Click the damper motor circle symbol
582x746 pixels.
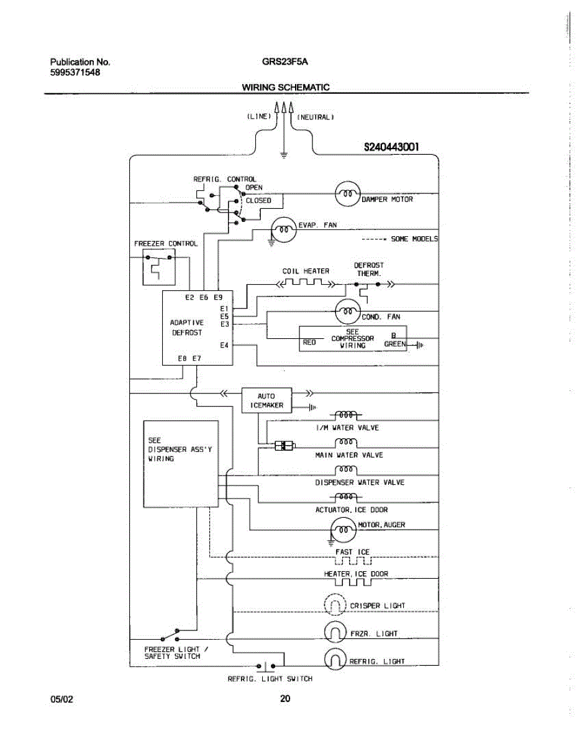tap(348, 193)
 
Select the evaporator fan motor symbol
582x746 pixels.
tap(284, 229)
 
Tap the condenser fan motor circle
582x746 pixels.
tap(348, 311)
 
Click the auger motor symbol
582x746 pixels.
tap(343, 530)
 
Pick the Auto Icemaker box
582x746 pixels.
tap(267, 400)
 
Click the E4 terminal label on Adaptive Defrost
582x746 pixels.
tap(224, 346)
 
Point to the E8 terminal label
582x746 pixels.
tap(182, 359)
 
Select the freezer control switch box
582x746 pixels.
tap(159, 267)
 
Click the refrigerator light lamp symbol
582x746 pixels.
tap(335, 659)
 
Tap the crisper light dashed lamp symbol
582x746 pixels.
tap(335, 604)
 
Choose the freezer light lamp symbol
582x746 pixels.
tap(335, 632)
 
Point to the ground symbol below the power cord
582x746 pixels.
tap(284, 155)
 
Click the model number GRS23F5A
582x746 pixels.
tap(285, 62)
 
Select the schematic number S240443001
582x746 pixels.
tap(391, 147)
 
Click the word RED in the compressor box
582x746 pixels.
tap(309, 343)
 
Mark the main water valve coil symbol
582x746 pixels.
tap(346, 443)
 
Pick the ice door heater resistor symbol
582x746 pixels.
tap(353, 582)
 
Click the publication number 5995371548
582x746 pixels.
tap(75, 73)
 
